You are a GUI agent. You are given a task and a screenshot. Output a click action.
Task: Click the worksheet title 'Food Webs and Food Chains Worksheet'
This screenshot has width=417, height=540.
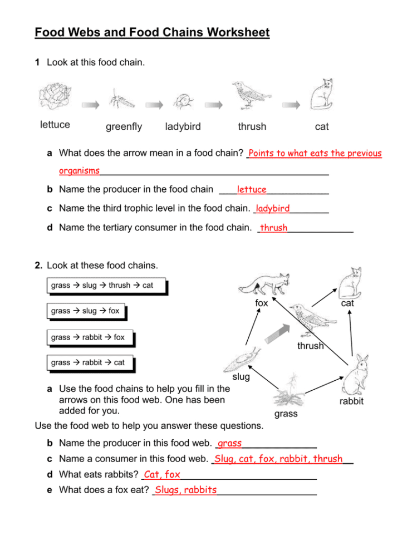click(x=152, y=32)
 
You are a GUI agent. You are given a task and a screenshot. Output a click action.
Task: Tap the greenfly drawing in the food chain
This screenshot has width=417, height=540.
click(x=122, y=100)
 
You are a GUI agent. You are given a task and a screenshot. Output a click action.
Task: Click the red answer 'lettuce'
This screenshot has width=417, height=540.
click(x=251, y=190)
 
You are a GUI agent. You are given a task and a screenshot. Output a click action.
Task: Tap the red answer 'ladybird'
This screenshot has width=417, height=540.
click(x=272, y=209)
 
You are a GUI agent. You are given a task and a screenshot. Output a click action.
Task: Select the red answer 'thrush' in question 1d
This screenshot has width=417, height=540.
click(x=274, y=228)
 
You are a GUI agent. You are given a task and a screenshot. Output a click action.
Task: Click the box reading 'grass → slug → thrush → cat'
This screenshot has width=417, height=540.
click(x=102, y=286)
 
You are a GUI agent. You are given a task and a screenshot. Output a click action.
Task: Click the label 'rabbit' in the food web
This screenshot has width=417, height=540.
click(x=351, y=401)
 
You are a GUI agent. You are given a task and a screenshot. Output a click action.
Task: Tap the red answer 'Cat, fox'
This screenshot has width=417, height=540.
click(x=161, y=475)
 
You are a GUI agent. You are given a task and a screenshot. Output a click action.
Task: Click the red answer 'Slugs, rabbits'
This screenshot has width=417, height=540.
click(x=186, y=490)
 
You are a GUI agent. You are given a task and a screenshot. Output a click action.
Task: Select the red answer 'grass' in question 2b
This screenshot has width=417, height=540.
click(x=230, y=444)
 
